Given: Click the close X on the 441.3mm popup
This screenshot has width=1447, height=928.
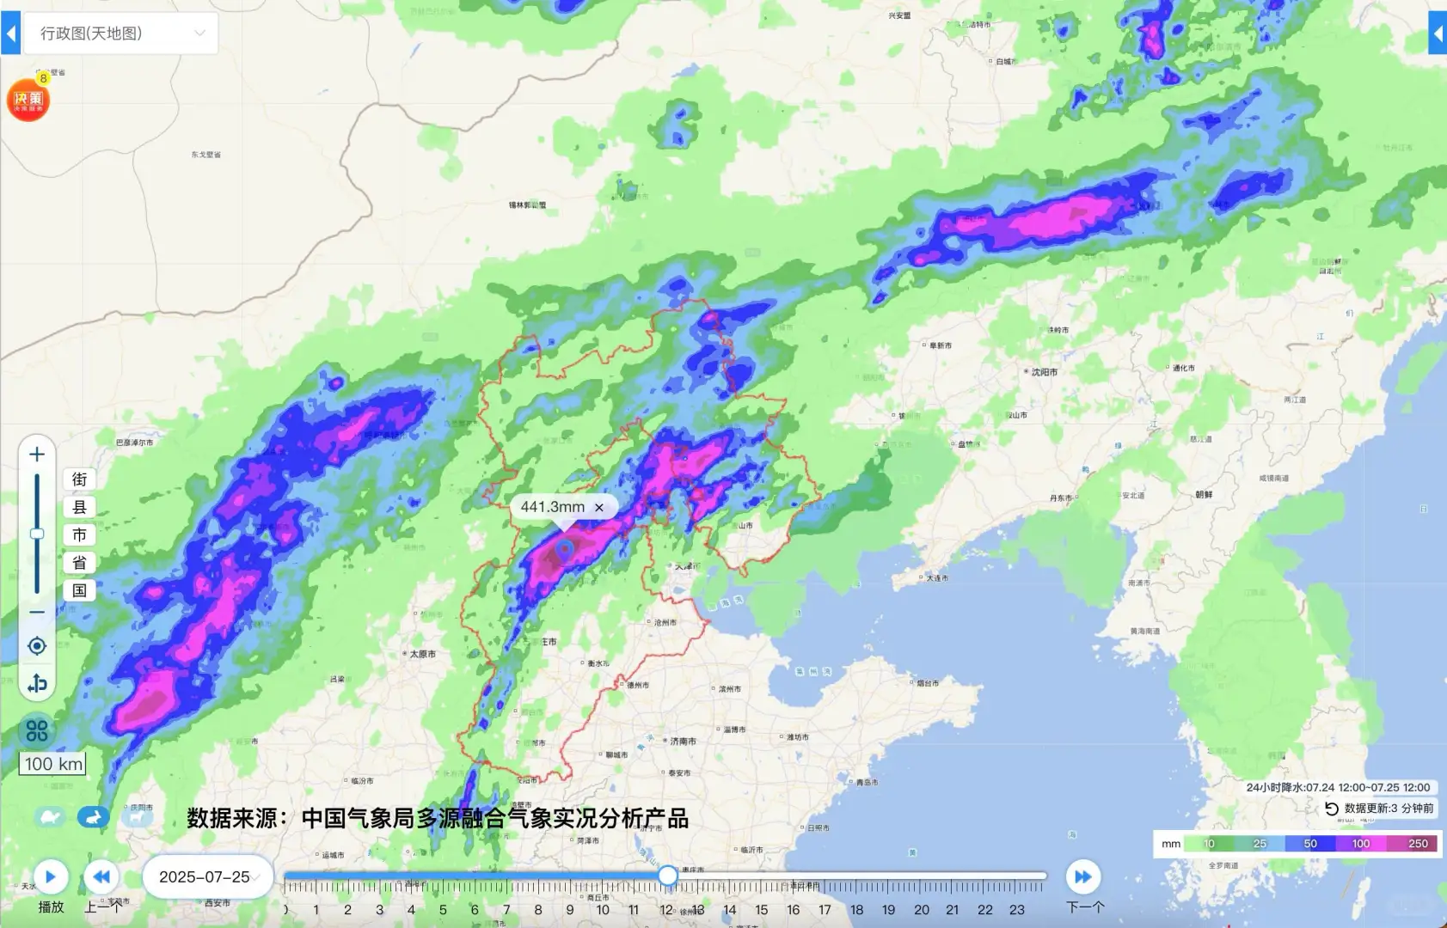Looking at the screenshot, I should click(599, 507).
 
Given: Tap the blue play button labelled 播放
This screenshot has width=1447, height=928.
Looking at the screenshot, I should click(51, 876).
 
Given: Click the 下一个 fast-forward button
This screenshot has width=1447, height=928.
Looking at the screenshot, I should click(1083, 876).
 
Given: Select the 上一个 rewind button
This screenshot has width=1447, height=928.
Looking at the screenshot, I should click(101, 876).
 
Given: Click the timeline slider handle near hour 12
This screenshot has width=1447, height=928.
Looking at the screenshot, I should click(668, 876).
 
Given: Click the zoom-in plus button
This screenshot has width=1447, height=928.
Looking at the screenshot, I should click(37, 454).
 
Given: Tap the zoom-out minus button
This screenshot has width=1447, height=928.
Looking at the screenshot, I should click(37, 613).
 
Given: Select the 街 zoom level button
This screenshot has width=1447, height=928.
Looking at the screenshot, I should click(79, 479).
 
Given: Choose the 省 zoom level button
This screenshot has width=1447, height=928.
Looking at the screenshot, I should click(79, 563).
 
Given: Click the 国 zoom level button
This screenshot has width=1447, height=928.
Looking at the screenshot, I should click(79, 590).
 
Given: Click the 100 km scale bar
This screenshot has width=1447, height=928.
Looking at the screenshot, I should click(53, 764).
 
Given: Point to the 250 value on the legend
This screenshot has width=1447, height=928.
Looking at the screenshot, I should click(1418, 844).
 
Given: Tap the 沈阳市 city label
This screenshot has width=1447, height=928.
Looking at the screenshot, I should click(1044, 372).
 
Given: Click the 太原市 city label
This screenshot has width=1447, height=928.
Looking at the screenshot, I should click(422, 654).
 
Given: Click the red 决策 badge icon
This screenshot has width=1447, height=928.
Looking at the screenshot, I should click(28, 100).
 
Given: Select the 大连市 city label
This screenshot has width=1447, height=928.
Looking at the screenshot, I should click(936, 578).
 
